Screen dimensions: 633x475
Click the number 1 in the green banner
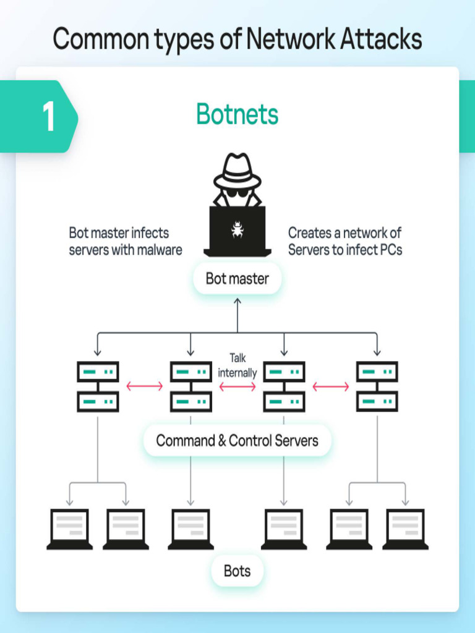point(48,116)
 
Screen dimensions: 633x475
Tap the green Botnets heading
point(237,114)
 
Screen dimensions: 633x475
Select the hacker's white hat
point(237,171)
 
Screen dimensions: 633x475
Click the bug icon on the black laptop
point(237,229)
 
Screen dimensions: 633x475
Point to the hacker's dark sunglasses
point(237,192)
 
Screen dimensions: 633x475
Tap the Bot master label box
point(237,279)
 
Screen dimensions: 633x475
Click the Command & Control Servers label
point(237,441)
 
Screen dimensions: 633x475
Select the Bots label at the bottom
point(237,571)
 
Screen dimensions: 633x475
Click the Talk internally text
point(237,365)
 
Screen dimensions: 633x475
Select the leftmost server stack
point(98,387)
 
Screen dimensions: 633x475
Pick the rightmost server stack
point(377,387)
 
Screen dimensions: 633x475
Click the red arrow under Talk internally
point(237,386)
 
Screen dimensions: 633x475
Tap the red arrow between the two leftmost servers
point(144,386)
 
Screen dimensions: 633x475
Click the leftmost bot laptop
point(69,529)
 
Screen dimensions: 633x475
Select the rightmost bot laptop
point(405,529)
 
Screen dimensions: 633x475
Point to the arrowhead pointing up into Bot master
point(237,301)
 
